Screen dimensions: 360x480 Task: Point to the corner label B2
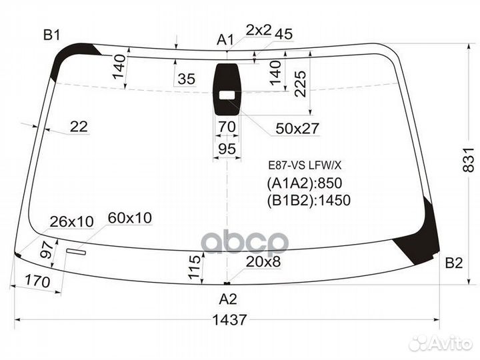(x=453, y=263)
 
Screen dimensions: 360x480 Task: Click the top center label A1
(x=225, y=40)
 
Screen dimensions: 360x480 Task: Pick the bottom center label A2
(x=228, y=299)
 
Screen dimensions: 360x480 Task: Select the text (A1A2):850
(x=309, y=184)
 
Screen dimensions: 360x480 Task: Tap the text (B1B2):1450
(x=309, y=200)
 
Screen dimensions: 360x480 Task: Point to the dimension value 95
(x=227, y=149)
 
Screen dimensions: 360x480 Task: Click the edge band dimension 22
(x=79, y=127)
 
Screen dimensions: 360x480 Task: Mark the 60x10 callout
(x=129, y=217)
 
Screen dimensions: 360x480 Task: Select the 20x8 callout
(x=263, y=263)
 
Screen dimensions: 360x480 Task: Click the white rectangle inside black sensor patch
(x=228, y=95)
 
